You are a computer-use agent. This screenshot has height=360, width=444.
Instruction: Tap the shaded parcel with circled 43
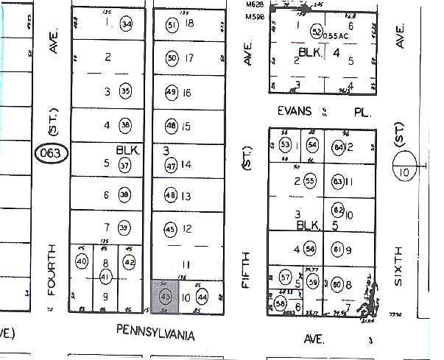coord(165,296)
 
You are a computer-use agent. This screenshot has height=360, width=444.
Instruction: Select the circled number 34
coord(127,25)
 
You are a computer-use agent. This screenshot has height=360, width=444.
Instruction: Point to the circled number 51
coord(172,26)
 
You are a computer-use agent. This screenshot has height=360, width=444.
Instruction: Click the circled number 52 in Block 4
coord(317,32)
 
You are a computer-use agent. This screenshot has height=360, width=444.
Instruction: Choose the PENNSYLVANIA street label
coord(156,333)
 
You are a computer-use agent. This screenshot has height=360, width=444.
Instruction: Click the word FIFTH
coord(247,272)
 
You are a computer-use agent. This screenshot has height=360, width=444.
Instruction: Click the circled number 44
coord(202,297)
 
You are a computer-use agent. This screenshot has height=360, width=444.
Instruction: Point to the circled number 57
coord(286,278)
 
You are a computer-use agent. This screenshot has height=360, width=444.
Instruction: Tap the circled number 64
coord(339,147)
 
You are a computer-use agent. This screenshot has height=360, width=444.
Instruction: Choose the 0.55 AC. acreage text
coord(336,35)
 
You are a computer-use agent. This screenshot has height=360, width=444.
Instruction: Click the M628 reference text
coord(255,4)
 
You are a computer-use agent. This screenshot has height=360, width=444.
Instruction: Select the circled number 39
coord(124,227)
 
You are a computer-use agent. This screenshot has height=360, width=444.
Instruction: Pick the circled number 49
coord(172,92)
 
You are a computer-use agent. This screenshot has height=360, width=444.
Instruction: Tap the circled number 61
coord(339,249)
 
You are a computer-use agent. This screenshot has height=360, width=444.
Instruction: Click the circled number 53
coord(286,144)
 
